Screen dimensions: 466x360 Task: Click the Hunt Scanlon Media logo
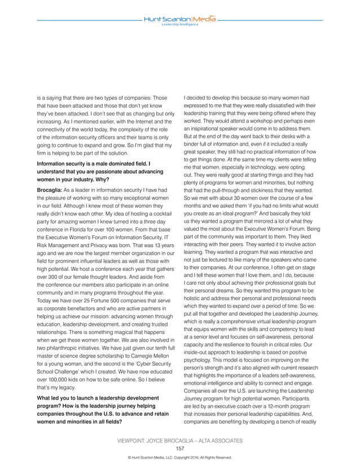tap(180, 19)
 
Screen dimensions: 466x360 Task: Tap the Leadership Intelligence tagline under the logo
tap(180, 25)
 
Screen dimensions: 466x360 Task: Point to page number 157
tap(180, 449)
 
